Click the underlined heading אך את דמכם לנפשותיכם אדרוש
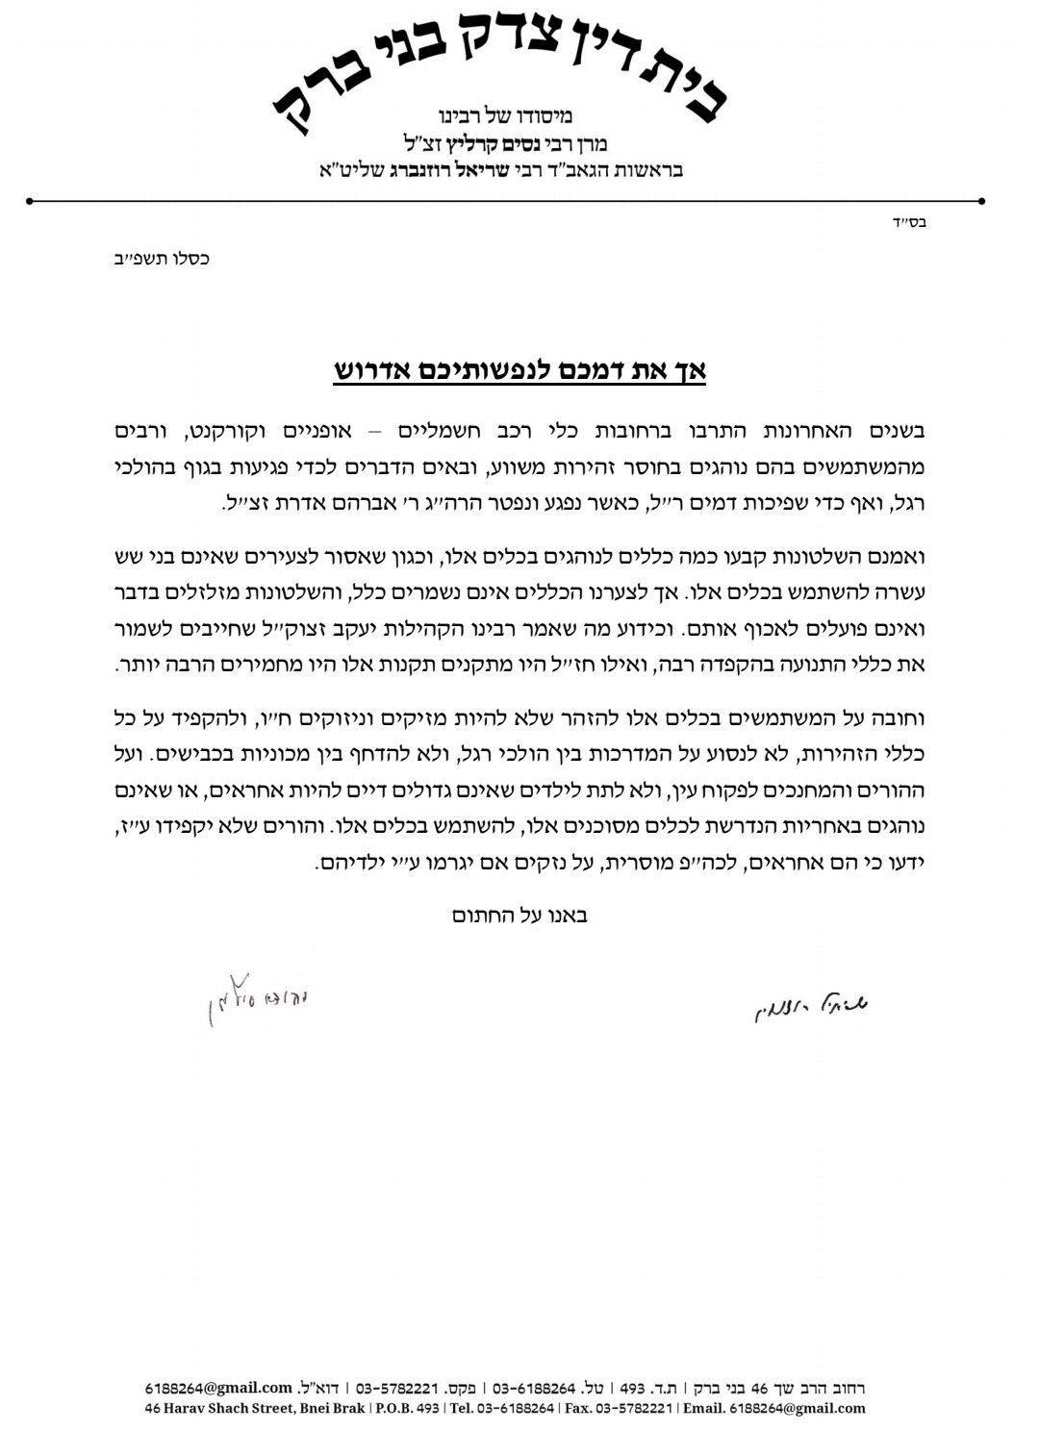(519, 370)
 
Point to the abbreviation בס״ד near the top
(909, 223)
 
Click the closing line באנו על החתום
(519, 915)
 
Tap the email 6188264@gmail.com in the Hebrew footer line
(218, 1388)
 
